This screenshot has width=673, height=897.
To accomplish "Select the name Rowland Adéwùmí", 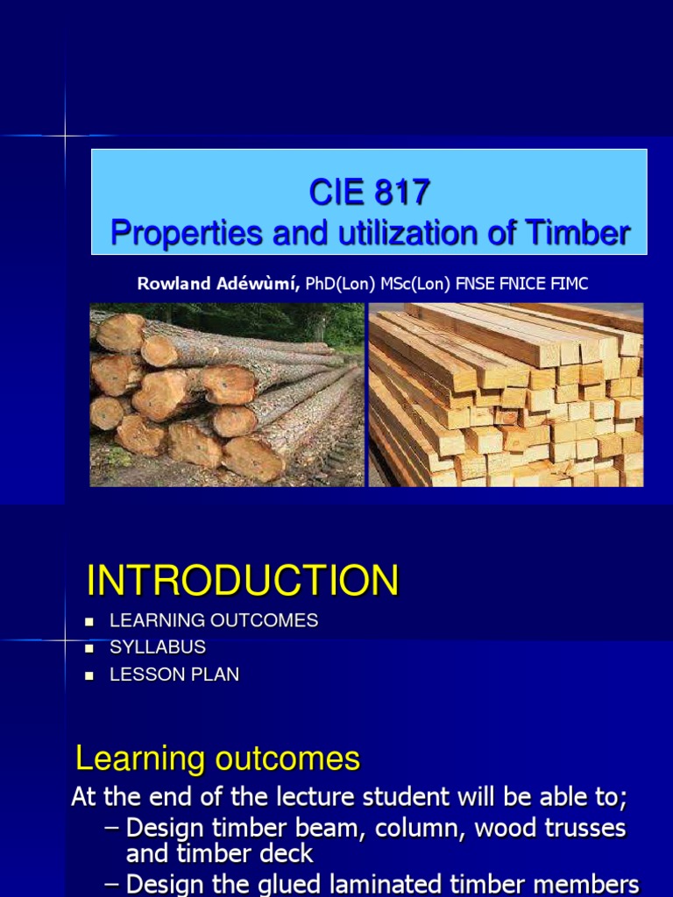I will click(x=218, y=283).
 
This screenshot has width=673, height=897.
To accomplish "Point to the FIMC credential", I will click(x=580, y=283).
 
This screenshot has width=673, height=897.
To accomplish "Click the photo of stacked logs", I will click(x=226, y=394).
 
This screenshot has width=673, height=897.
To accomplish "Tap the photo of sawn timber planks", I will click(x=506, y=394).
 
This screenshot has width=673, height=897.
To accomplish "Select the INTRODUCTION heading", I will click(x=242, y=581).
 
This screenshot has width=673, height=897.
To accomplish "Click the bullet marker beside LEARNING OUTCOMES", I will click(x=89, y=621).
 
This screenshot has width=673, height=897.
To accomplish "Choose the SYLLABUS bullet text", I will click(x=158, y=647).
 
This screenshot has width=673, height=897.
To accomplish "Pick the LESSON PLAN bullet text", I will click(x=174, y=675).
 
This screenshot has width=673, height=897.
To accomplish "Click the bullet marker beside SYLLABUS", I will click(x=89, y=648).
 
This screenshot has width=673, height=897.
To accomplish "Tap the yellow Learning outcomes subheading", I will click(x=217, y=759).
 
